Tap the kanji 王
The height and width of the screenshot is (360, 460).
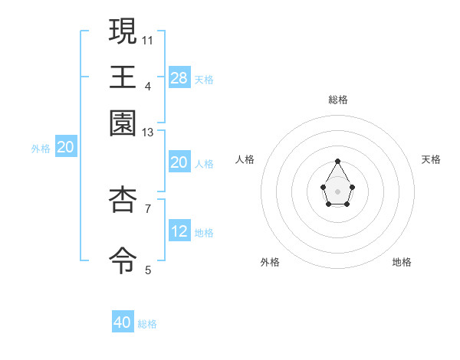123,77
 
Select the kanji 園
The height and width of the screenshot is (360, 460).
123,123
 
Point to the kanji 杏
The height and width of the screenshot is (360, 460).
123,198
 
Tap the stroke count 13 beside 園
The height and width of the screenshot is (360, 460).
148,133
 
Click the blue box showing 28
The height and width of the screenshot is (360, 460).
179,77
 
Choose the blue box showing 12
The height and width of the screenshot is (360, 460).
179,231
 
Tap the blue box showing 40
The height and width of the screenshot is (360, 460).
123,322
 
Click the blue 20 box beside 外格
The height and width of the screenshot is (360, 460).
65,148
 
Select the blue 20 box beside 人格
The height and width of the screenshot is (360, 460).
179,162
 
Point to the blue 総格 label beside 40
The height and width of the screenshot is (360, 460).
147,324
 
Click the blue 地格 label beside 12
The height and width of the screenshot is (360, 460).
204,233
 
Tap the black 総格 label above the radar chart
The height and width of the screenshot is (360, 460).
337,100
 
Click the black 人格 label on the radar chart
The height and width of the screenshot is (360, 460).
245,159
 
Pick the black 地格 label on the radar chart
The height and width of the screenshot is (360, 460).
402,262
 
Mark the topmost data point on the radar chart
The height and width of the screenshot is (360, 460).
337,161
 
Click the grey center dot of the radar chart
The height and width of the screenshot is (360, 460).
337,191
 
